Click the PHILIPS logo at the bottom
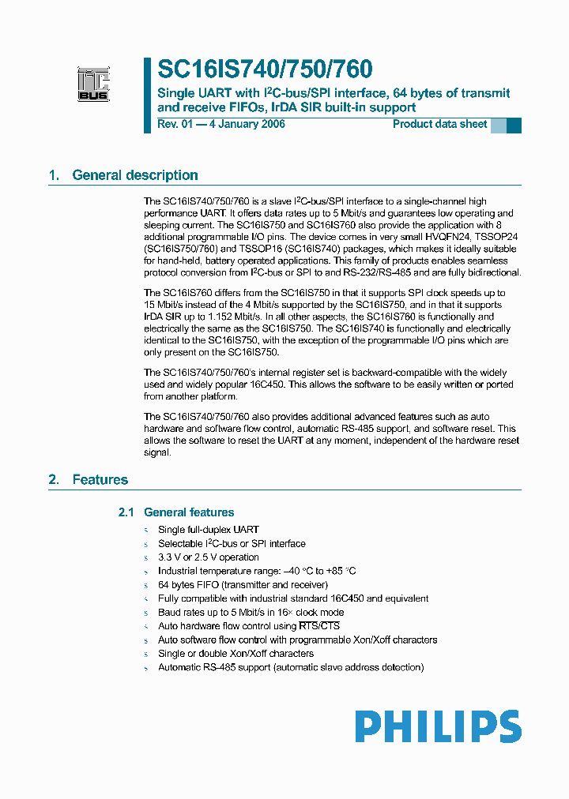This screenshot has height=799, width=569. point(437,726)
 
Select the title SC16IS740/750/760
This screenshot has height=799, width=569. point(265,69)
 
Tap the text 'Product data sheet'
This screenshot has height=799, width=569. point(439,124)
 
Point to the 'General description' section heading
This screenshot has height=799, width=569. point(134,175)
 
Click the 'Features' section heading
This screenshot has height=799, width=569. point(100,479)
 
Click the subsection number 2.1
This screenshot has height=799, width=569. point(126,512)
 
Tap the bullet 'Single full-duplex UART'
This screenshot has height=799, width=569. point(208,530)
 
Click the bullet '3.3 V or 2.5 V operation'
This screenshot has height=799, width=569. point(208,557)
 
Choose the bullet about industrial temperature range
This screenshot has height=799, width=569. point(257,571)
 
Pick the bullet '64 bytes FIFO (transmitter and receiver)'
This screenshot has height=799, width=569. point(243,585)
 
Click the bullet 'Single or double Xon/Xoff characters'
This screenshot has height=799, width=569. point(236,654)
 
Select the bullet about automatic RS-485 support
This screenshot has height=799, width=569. point(291,667)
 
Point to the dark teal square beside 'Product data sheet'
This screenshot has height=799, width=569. point(514,125)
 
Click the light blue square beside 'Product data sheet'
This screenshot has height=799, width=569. point(499,125)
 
